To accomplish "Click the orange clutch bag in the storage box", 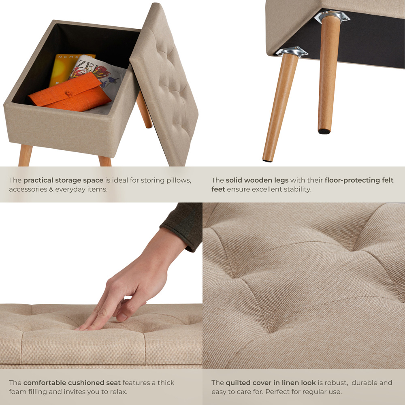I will click(69, 95).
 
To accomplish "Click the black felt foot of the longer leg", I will click(267, 160).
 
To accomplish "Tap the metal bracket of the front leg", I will click(292, 51).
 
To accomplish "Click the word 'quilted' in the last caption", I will click(239, 383).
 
